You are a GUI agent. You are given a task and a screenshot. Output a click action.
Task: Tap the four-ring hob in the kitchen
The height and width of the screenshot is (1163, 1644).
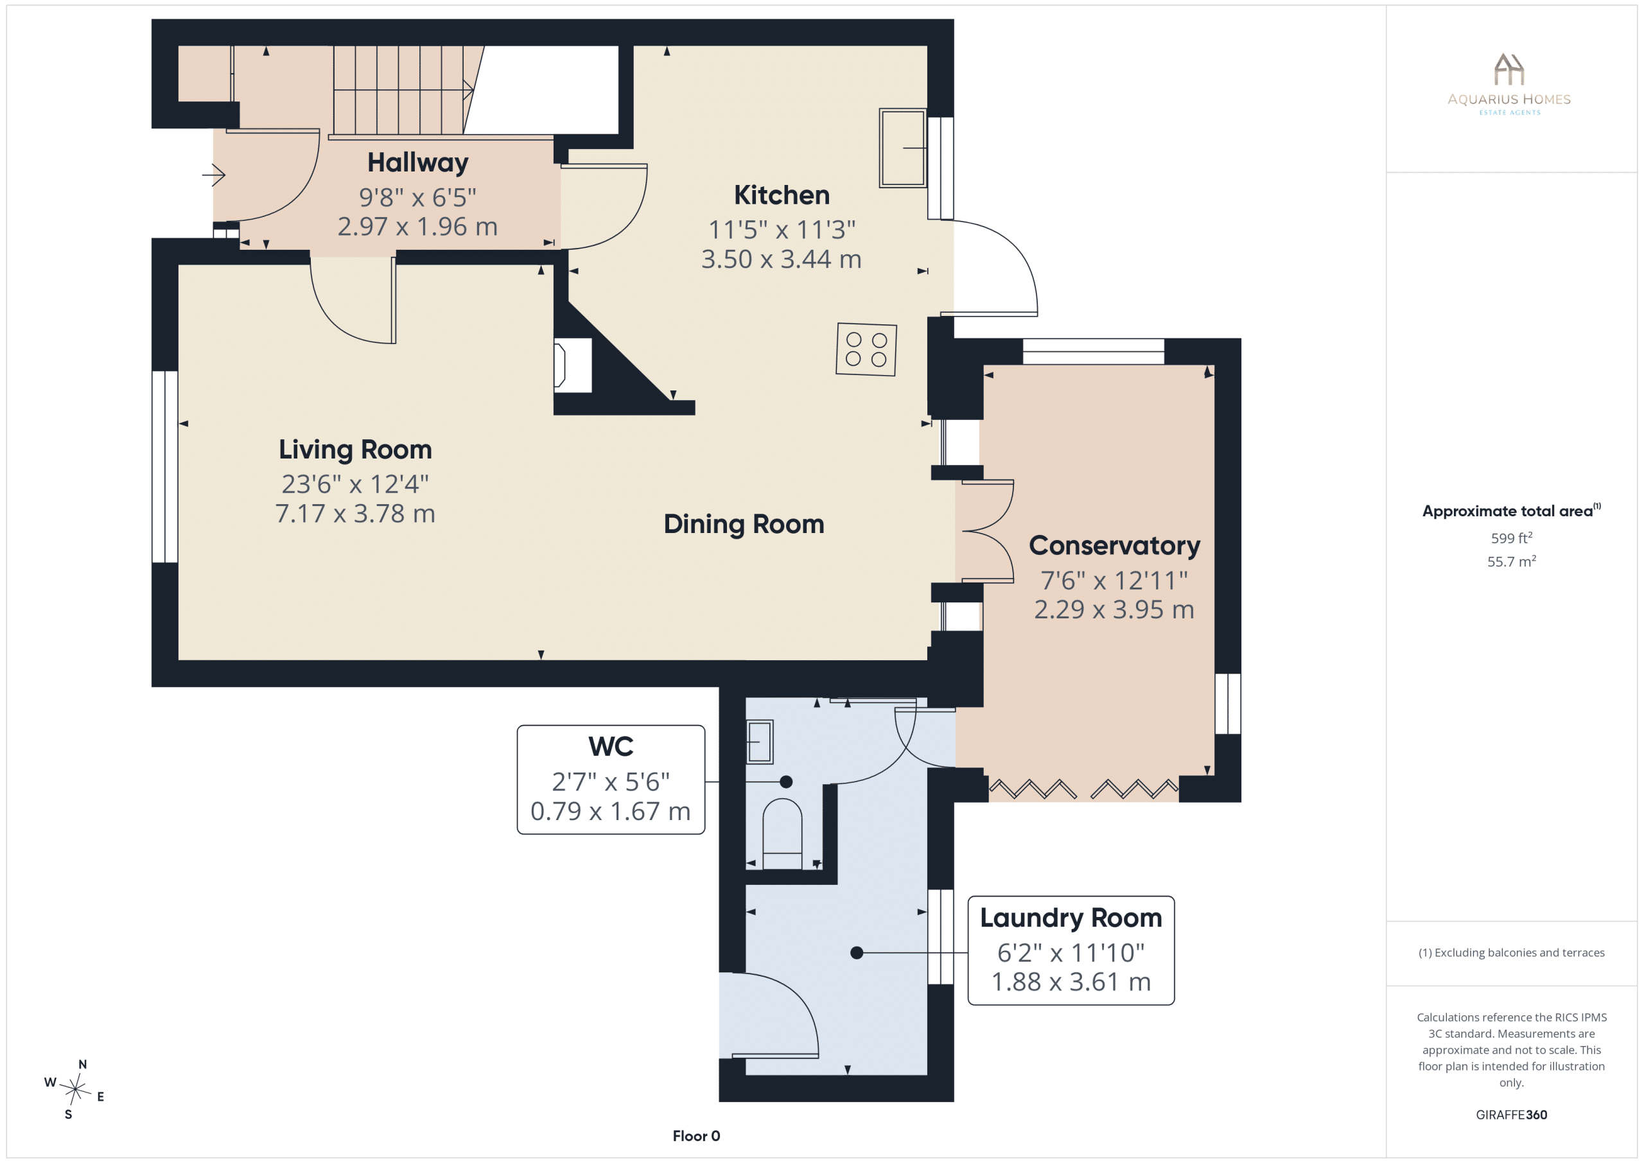pyautogui.click(x=866, y=349)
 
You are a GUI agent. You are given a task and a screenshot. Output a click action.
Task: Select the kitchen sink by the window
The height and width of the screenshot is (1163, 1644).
pyautogui.click(x=903, y=148)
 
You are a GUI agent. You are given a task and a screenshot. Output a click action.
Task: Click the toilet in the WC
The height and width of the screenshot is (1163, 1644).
pyautogui.click(x=782, y=834)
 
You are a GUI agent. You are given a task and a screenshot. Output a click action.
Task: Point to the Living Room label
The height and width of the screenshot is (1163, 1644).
pyautogui.click(x=355, y=450)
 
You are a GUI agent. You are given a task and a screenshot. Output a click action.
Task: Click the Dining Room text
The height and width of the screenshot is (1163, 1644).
pyautogui.click(x=744, y=524)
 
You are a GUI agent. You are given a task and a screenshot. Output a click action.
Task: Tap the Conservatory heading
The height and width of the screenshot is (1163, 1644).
pyautogui.click(x=1114, y=546)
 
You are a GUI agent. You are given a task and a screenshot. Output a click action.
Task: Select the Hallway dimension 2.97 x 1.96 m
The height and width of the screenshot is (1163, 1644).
pyautogui.click(x=417, y=226)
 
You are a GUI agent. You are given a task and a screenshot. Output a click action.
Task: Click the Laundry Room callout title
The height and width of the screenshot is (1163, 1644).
pyautogui.click(x=1071, y=918)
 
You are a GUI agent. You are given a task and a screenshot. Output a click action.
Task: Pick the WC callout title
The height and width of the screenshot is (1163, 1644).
pyautogui.click(x=611, y=746)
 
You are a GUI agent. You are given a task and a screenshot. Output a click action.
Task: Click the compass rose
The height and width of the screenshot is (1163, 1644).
pyautogui.click(x=74, y=1089)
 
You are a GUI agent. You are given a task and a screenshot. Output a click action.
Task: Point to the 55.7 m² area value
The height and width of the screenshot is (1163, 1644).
pyautogui.click(x=1512, y=561)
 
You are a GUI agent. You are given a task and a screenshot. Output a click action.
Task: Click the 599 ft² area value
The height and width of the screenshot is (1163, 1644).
pyautogui.click(x=1512, y=538)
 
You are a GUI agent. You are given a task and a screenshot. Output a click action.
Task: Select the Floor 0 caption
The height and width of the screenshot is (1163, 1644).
pyautogui.click(x=696, y=1136)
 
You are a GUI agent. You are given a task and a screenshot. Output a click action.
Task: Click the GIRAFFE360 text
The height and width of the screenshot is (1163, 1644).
pyautogui.click(x=1512, y=1114)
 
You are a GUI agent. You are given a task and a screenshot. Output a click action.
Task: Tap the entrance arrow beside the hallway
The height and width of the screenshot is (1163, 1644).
pyautogui.click(x=213, y=175)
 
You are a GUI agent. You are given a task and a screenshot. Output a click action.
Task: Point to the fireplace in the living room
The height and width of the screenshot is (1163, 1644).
pyautogui.click(x=573, y=365)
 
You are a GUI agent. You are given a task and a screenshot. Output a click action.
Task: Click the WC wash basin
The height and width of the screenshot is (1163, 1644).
pyautogui.click(x=760, y=742)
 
